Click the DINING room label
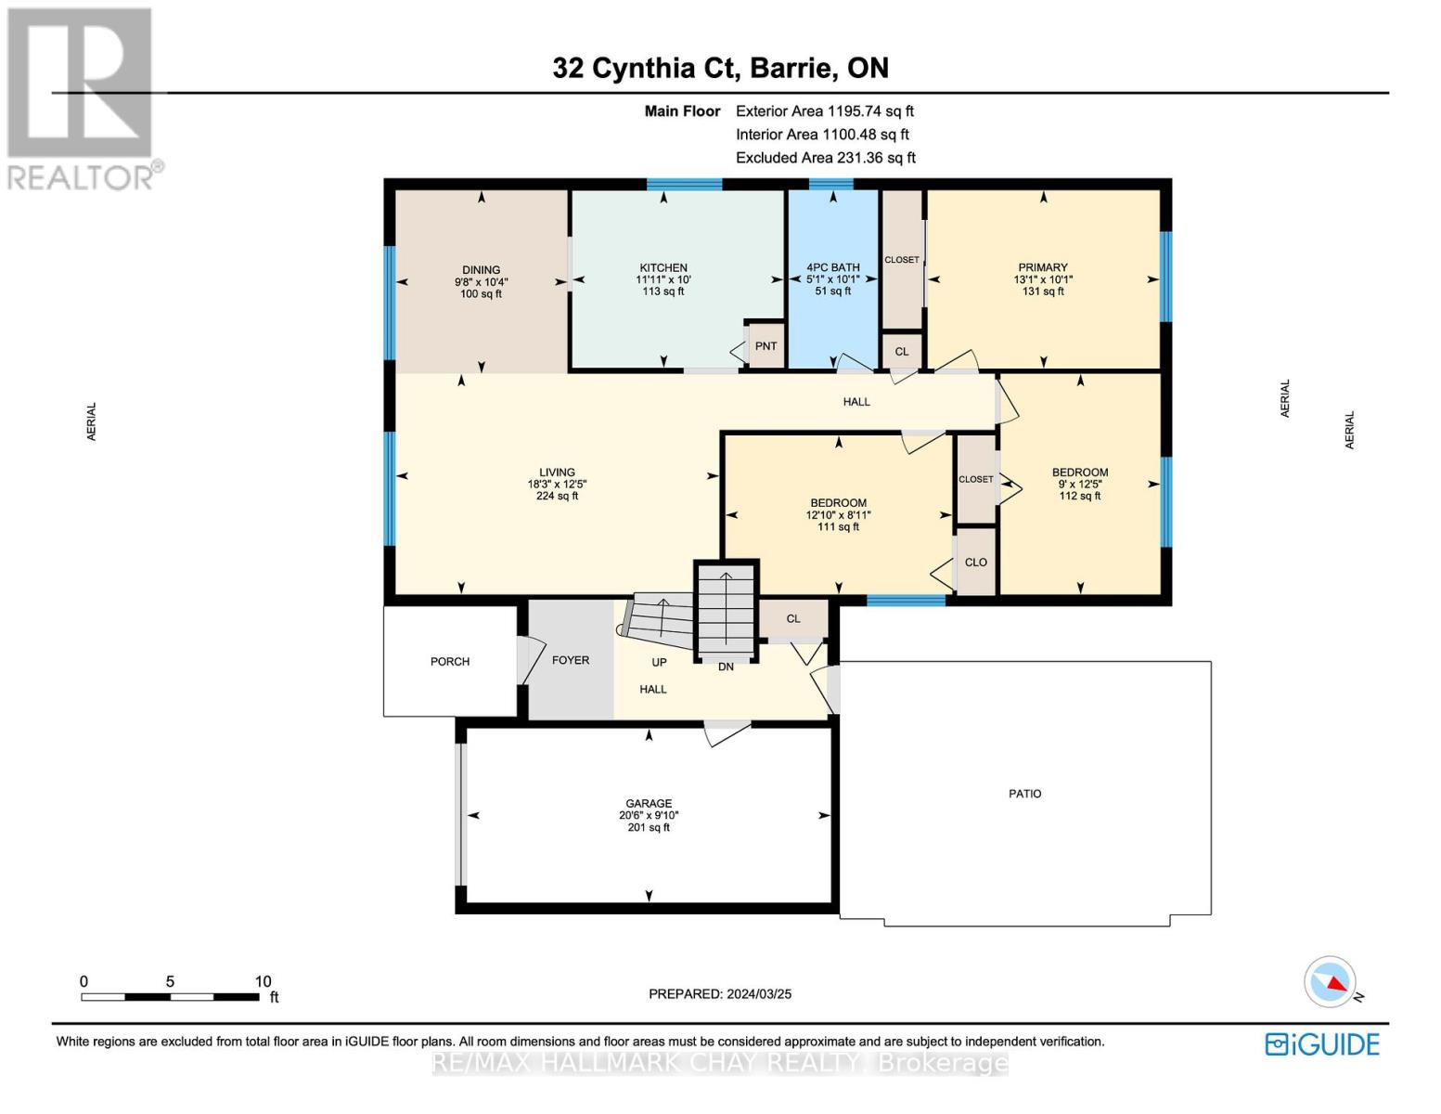481,270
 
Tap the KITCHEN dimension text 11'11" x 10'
663,279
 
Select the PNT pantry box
766,346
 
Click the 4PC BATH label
832,267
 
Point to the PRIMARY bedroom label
1042,267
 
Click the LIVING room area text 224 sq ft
557,496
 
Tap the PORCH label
450,661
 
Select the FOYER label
570,660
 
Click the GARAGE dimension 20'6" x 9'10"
649,815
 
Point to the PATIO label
1024,794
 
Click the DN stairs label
726,667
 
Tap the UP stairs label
659,663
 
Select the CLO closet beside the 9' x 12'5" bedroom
975,563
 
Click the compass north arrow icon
1332,982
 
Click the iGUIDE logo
1322,1044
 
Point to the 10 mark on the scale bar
263,981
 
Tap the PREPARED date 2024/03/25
719,993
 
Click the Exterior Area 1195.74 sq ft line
824,111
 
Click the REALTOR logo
82,97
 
